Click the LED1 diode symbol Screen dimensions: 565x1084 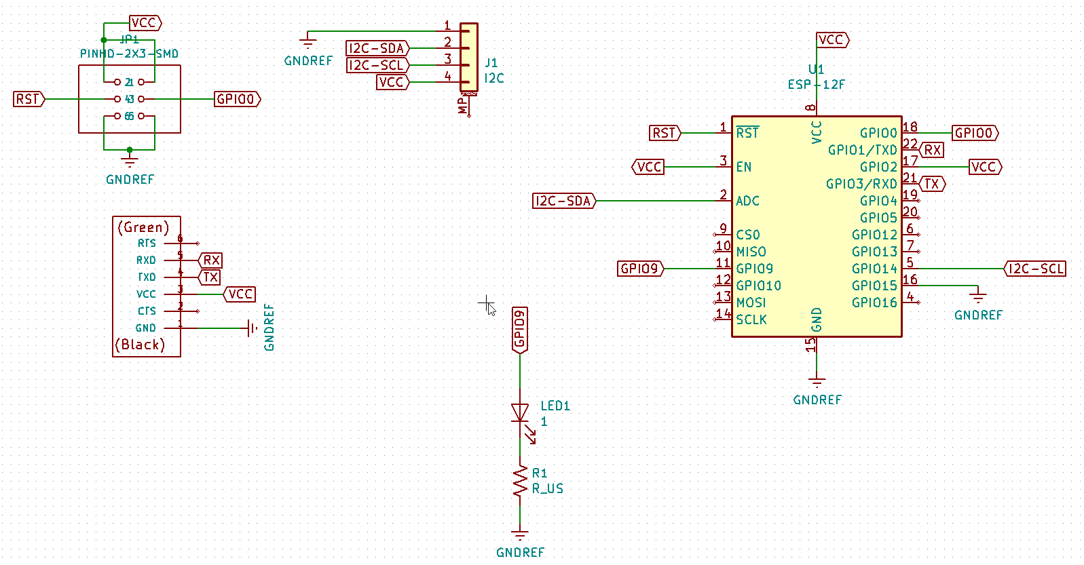coord(520,412)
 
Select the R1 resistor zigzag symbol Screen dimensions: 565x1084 coord(520,481)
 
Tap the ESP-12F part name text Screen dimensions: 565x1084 coord(816,85)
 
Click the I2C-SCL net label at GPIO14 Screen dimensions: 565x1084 coord(1035,269)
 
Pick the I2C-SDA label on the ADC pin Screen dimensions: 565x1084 coord(563,201)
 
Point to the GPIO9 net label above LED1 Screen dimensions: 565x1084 coord(520,330)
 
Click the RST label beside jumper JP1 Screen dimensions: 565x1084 coord(29,99)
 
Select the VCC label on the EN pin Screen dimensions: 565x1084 coord(648,167)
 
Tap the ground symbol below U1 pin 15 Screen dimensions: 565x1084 coord(817,382)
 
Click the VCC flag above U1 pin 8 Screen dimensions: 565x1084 coord(831,40)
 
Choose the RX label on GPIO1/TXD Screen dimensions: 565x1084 coord(932,150)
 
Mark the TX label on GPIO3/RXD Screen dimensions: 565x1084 coord(932,184)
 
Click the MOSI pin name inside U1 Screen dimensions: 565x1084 coord(751,303)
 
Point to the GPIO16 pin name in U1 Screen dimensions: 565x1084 coord(874,303)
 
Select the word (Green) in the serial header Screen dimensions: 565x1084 coord(143,227)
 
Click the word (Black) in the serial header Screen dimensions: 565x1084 coord(141,345)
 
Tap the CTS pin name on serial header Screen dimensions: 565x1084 coord(147,311)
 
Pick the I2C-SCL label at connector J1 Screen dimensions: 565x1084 coord(377,65)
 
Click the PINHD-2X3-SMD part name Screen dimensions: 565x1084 coord(129,54)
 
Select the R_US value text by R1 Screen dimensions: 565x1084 coord(548,488)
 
